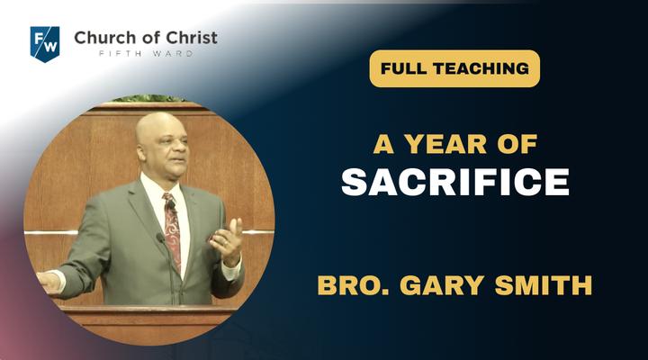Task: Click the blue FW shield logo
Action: (45, 44)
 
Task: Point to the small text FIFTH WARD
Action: (146, 54)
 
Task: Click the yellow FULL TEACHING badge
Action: (454, 68)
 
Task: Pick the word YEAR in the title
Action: (445, 144)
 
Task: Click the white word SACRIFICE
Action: (455, 182)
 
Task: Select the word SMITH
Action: (544, 285)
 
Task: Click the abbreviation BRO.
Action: (354, 285)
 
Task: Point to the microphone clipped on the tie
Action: (171, 204)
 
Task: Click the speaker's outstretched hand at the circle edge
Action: (49, 282)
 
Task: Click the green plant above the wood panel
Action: (148, 98)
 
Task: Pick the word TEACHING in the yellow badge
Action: (481, 68)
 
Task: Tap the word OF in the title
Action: (517, 144)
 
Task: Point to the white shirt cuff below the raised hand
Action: (231, 271)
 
